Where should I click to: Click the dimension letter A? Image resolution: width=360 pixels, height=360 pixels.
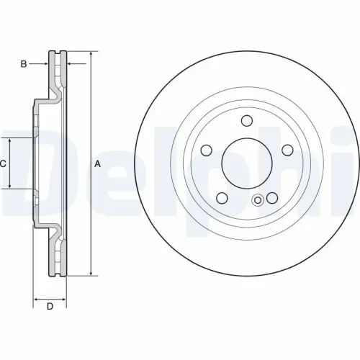(x=98, y=163)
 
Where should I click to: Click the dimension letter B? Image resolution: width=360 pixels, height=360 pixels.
(x=24, y=64)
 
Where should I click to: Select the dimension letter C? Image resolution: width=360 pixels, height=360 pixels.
(x=4, y=163)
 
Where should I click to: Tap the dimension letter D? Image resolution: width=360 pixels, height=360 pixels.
(x=50, y=307)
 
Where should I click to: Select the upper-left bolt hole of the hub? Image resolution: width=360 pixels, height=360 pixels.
(x=207, y=150)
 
